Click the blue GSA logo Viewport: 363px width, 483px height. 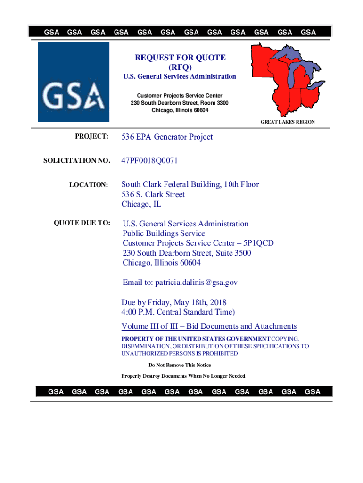(x=74, y=82)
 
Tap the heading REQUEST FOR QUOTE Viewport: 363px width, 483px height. (x=181, y=58)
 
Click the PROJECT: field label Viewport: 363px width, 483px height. (x=92, y=137)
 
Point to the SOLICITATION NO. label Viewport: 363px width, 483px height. (x=76, y=161)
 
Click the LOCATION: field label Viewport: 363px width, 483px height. (x=89, y=185)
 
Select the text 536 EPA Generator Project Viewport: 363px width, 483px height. (x=167, y=137)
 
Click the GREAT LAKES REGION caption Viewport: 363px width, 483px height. (x=288, y=122)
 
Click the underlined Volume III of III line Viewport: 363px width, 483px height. (x=209, y=326)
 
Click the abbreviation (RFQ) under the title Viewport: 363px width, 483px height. (x=181, y=67)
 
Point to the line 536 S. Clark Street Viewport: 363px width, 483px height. (x=153, y=194)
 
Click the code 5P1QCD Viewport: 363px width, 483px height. (x=257, y=243)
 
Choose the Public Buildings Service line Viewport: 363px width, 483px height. (x=164, y=233)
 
